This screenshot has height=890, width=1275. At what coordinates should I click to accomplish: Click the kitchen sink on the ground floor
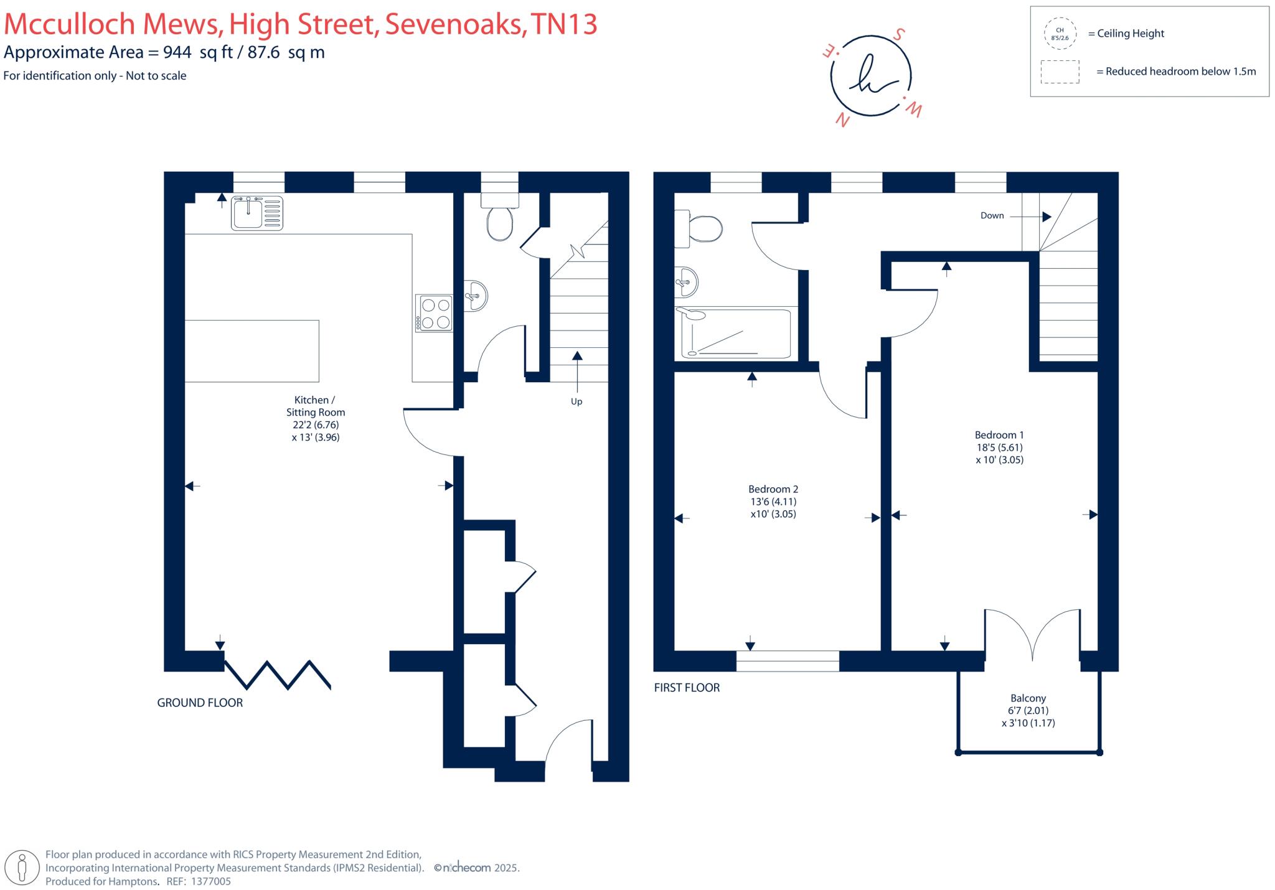click(257, 213)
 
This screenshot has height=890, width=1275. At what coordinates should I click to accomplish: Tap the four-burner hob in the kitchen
click(435, 313)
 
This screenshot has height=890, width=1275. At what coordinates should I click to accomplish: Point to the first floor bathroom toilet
click(700, 228)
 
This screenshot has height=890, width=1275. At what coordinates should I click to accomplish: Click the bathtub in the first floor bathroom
click(736, 334)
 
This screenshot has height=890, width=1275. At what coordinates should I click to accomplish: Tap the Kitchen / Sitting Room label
click(315, 418)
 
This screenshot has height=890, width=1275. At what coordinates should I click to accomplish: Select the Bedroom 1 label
click(999, 447)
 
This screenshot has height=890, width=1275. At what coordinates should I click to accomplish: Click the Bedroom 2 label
click(773, 501)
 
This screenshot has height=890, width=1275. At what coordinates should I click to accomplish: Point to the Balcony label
click(1028, 710)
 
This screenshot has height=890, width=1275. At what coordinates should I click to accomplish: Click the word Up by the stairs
click(576, 401)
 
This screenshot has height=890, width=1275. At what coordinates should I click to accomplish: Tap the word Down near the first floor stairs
click(992, 215)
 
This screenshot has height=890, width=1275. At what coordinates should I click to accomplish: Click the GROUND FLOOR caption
click(200, 703)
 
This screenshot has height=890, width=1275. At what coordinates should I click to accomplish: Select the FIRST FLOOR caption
click(687, 688)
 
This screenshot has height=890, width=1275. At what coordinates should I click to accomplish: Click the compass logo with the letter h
click(870, 76)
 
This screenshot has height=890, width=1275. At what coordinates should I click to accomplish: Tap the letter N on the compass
click(843, 119)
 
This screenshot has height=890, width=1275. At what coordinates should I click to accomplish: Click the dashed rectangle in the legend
click(1060, 72)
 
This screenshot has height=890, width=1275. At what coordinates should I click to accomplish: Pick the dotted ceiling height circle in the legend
click(1060, 34)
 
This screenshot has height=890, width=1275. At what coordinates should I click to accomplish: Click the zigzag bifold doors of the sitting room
click(277, 675)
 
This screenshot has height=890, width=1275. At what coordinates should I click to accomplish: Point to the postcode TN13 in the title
click(563, 24)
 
